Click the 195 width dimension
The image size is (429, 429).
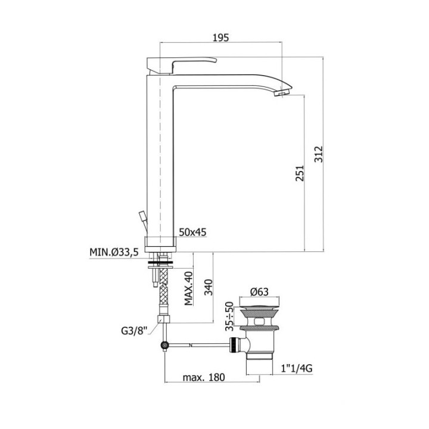click(x=220, y=38)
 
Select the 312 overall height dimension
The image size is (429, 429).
click(x=318, y=154)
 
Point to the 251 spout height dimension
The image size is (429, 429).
click(x=300, y=173)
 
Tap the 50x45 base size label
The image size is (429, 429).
click(x=192, y=232)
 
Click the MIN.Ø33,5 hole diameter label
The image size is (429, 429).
click(x=114, y=252)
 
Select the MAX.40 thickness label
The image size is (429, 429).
click(x=189, y=288)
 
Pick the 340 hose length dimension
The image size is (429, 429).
click(x=209, y=287)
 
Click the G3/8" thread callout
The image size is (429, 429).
click(x=134, y=331)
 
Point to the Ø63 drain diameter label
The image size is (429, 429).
click(x=259, y=292)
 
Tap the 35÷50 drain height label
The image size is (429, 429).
click(x=230, y=316)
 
